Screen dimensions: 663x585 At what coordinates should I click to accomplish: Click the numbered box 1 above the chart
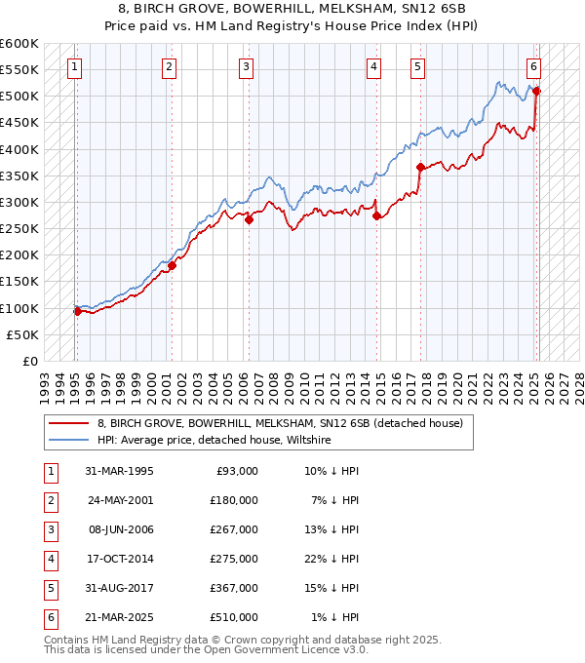[75, 67]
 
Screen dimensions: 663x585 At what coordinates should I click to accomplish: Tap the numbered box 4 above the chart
[374, 67]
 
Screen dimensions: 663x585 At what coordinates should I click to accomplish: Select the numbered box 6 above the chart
[534, 67]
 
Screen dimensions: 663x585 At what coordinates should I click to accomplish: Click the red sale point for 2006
[249, 219]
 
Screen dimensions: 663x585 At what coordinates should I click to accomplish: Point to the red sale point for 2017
[420, 167]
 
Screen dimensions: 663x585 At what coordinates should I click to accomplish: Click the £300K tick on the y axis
[20, 203]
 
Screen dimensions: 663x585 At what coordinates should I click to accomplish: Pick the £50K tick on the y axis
[23, 334]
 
